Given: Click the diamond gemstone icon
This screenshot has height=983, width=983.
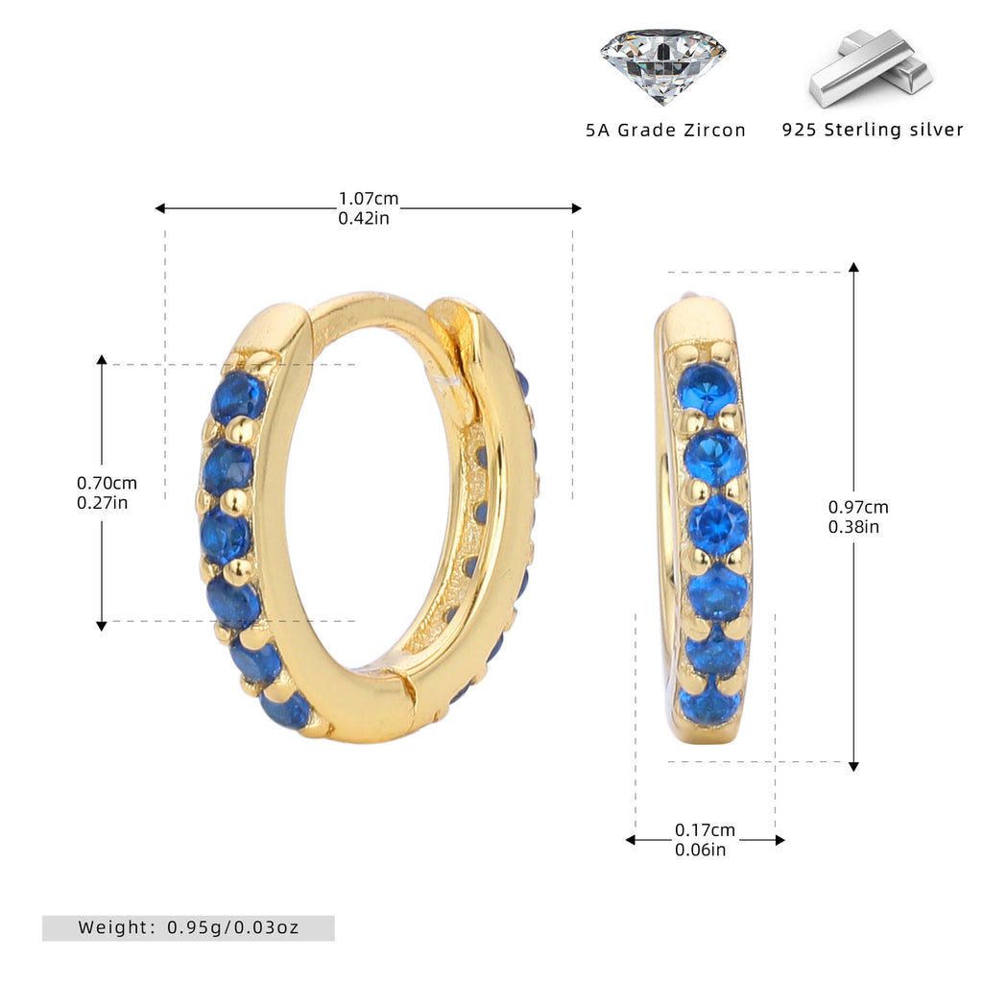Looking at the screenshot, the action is coord(663,66).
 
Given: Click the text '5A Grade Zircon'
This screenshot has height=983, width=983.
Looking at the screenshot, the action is coord(666,131).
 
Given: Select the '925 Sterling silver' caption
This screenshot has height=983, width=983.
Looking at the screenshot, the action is coord(873,130).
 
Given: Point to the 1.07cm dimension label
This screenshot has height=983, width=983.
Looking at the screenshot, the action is coord(369,199).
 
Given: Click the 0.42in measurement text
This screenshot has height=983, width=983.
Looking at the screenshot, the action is coord(364,218).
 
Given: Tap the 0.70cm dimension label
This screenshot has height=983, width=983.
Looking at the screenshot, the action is coord(107,484).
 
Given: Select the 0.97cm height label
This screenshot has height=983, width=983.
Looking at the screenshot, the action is coord(858,507).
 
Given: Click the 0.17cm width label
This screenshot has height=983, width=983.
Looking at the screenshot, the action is coord(705,830).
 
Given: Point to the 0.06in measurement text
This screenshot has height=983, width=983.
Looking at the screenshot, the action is coord(700,850).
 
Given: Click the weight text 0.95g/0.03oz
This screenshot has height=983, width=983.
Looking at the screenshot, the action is coord(233,927).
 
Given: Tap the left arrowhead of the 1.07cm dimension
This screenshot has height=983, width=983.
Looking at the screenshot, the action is coord(160,208).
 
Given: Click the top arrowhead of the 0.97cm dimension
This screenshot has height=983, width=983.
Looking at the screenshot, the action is coord(853,267).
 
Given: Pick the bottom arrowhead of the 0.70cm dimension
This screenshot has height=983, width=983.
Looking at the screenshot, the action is coord(102,626).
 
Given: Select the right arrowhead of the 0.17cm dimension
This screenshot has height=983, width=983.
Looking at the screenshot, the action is coord(779,840).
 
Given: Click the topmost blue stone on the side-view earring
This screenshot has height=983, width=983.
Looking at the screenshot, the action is coord(707,388).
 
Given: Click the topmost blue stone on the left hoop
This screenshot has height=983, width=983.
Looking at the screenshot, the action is coord(238,397).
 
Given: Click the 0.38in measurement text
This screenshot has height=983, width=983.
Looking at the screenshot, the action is coord(853,527).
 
